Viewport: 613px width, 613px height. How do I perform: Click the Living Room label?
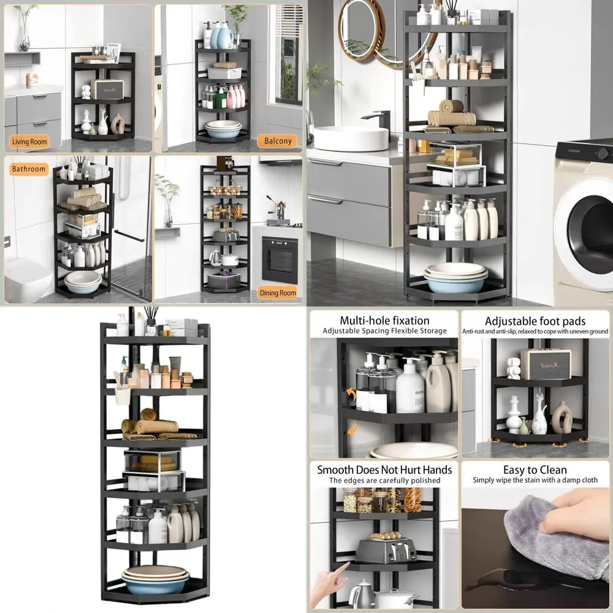click(x=29, y=142)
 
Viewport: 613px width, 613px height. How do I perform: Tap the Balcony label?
click(x=278, y=141)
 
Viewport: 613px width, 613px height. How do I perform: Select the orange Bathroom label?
click(x=29, y=169)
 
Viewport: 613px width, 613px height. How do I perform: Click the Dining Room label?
click(x=278, y=292)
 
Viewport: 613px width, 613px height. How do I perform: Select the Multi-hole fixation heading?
click(x=384, y=321)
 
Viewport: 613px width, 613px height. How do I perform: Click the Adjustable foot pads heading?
click(x=535, y=321)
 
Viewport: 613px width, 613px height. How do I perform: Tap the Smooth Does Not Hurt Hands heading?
click(x=384, y=470)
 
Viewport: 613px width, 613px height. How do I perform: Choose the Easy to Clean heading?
click(x=535, y=470)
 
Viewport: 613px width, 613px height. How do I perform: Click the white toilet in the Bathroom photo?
click(x=28, y=279)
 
